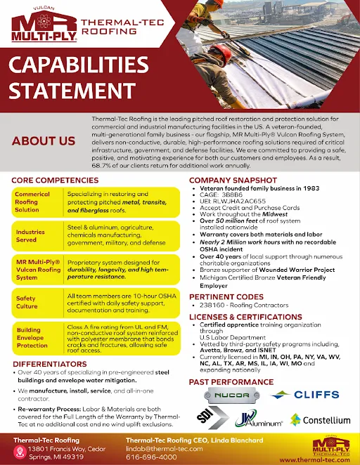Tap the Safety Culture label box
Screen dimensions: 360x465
[37, 302]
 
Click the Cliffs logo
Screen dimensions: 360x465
[317, 395]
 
